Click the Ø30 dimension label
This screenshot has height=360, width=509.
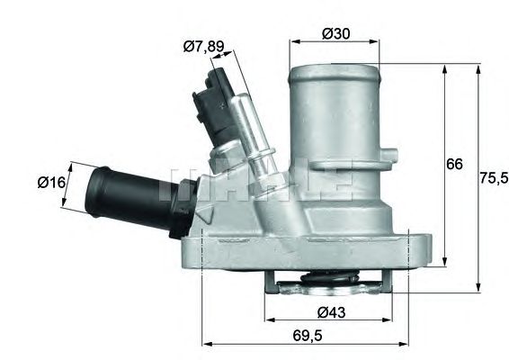pos(335,33)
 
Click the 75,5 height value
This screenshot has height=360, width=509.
pos(493,178)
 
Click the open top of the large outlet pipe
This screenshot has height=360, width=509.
pos(334,66)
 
